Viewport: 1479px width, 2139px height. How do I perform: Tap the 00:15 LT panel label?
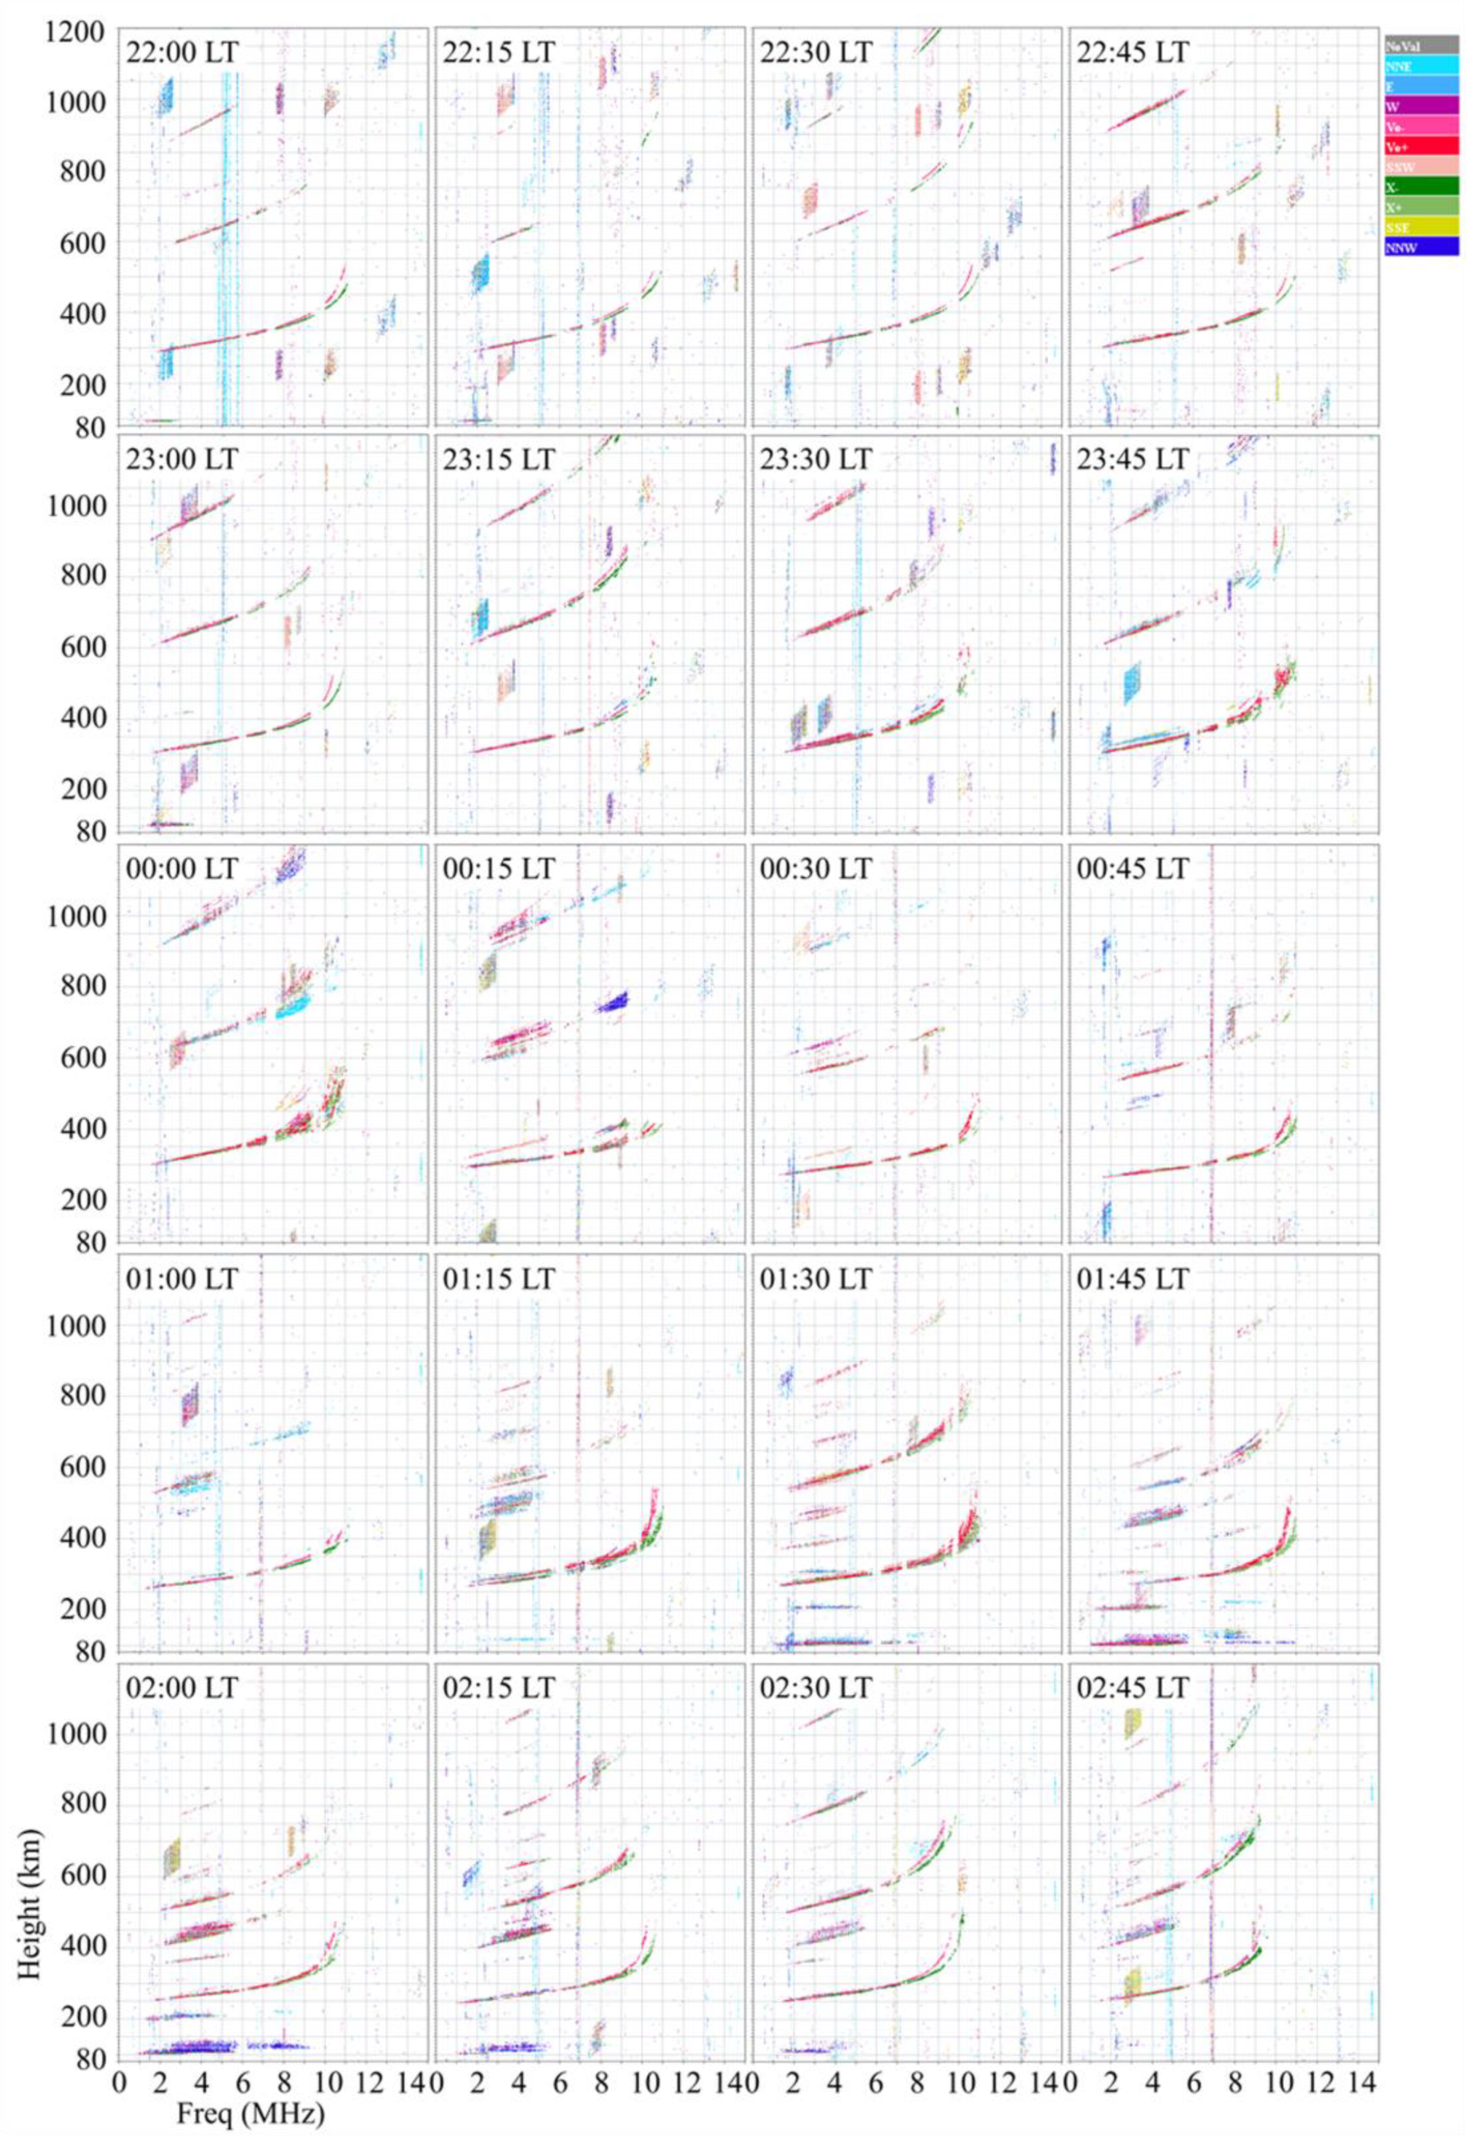click(499, 870)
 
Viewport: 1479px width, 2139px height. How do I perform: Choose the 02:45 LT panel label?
click(1132, 1689)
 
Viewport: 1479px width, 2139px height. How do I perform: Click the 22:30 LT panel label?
click(815, 52)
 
